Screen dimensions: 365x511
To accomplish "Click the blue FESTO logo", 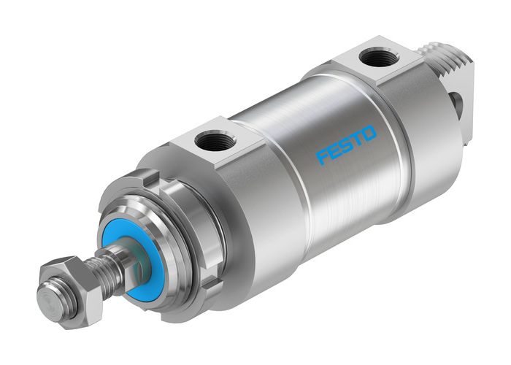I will (346, 143).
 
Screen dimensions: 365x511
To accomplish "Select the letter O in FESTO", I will (369, 133).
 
